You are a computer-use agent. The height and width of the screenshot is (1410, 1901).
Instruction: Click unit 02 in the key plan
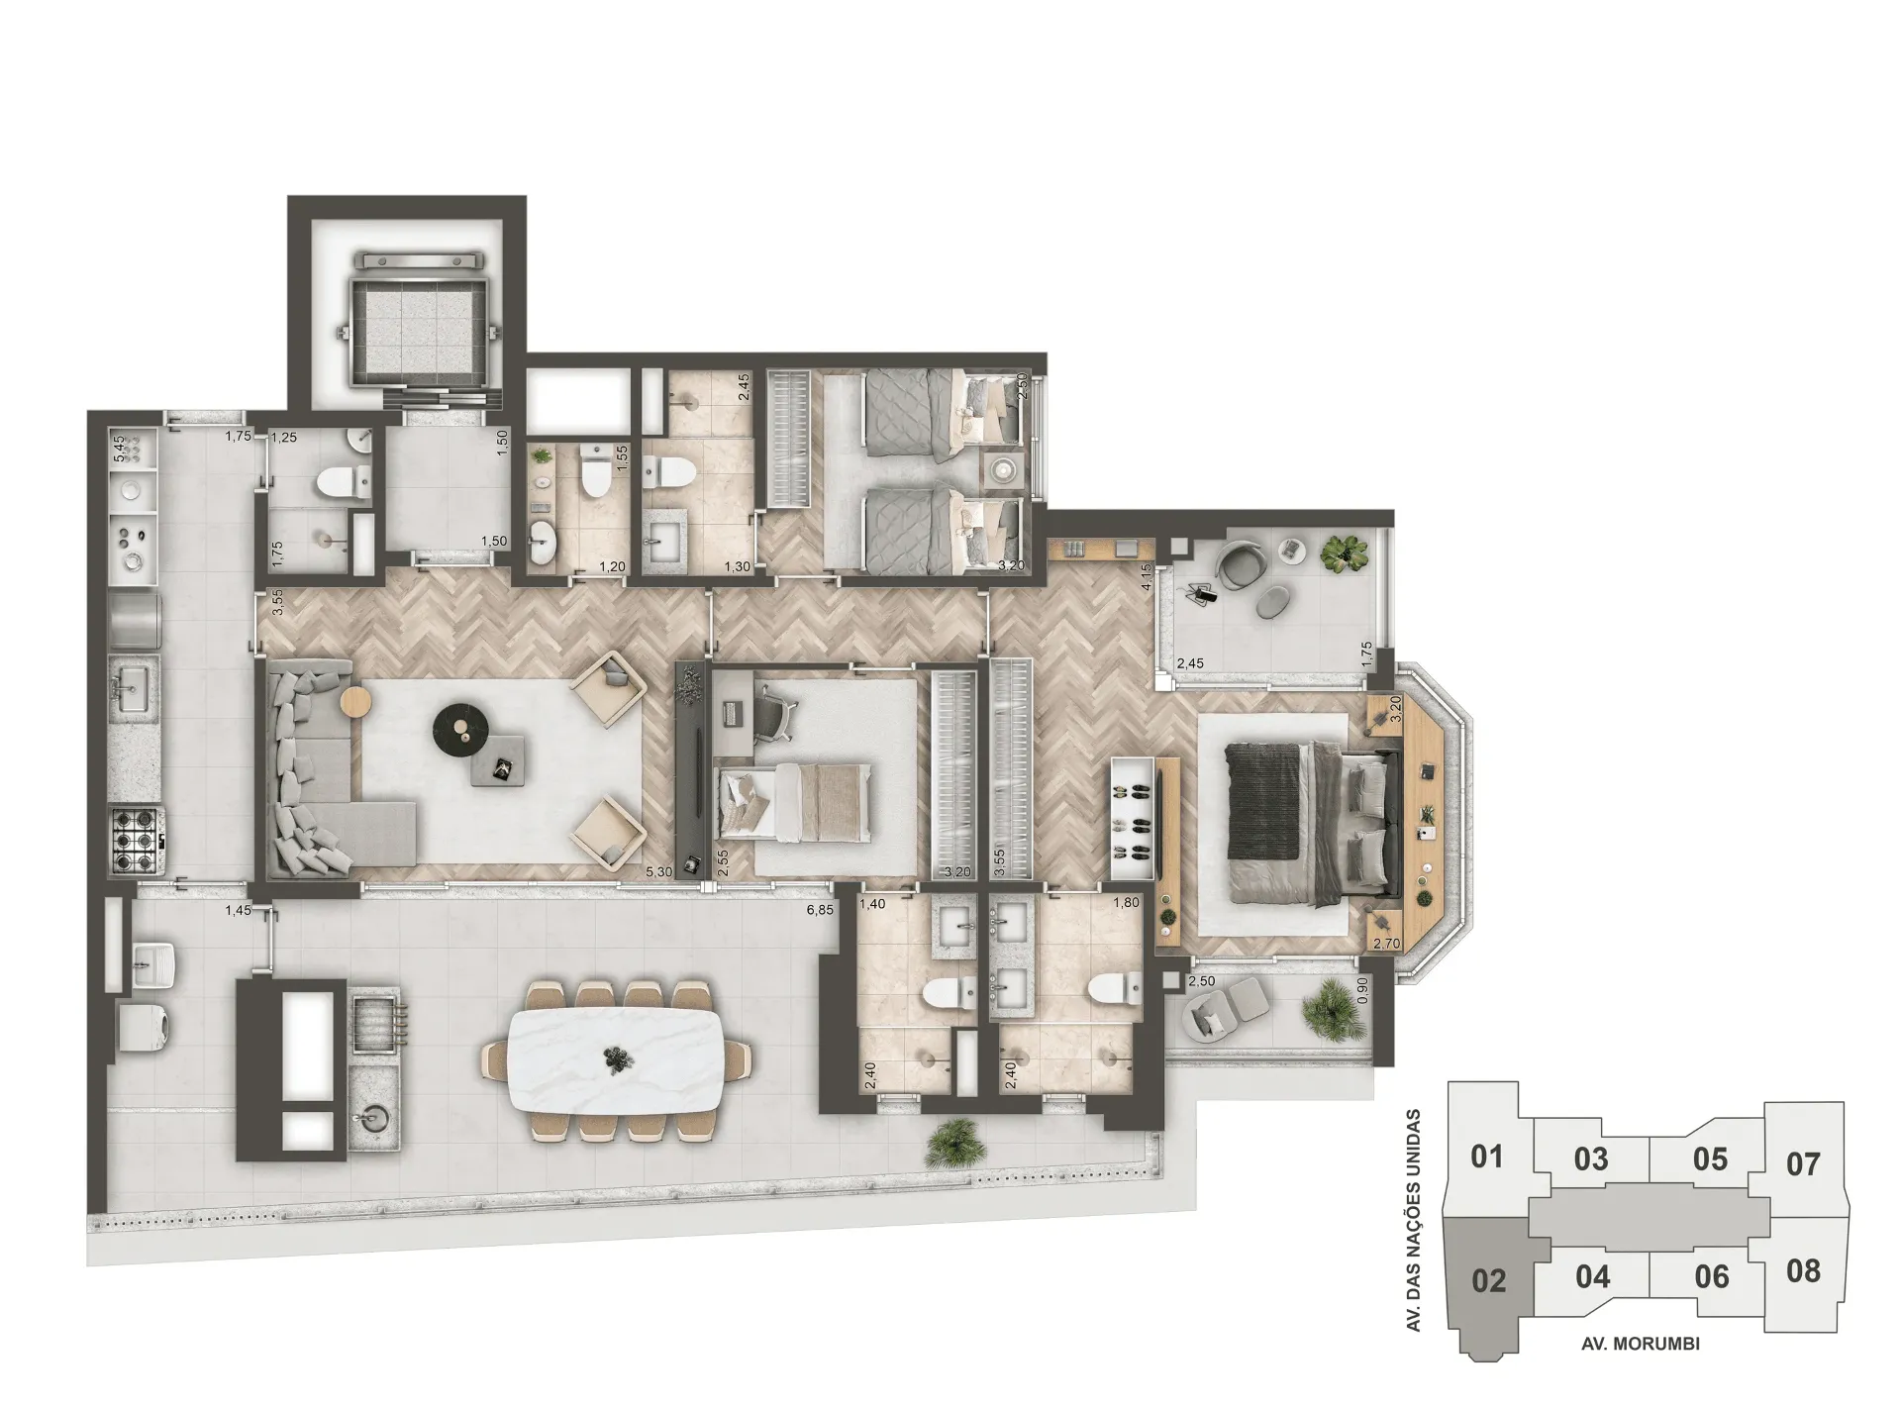[x=1488, y=1280]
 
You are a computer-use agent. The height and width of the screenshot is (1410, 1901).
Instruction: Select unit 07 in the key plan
[x=1803, y=1163]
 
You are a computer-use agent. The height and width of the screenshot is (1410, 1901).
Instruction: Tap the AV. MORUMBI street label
[x=1641, y=1344]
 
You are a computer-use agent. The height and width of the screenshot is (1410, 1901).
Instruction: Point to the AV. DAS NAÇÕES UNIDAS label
[x=1414, y=1220]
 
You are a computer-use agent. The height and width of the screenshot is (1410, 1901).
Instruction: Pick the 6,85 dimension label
[x=820, y=910]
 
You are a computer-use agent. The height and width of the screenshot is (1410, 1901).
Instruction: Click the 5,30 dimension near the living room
[x=658, y=872]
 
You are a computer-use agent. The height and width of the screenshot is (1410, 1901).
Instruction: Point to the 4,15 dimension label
[x=1147, y=577]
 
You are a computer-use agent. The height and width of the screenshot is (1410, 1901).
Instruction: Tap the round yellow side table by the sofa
[x=355, y=703]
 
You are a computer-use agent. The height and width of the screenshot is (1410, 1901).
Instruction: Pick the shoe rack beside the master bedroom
[x=1134, y=818]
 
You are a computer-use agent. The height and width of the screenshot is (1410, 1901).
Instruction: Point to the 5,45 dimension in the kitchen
[x=119, y=450]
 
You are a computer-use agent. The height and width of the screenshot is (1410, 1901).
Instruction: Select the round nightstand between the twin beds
[x=1005, y=468]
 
